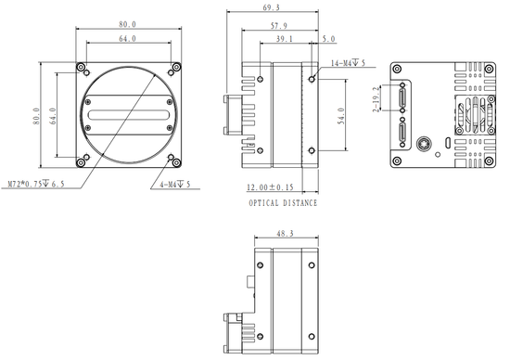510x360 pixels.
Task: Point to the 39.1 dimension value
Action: pyautogui.click(x=285, y=39)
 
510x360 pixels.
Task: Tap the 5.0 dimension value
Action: pyautogui.click(x=328, y=39)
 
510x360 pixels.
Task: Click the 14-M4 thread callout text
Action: pyautogui.click(x=350, y=62)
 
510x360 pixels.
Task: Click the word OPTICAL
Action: pyautogui.click(x=262, y=202)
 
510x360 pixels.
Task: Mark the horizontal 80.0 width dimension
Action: pyautogui.click(x=127, y=24)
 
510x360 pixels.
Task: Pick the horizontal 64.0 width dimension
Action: pyautogui.click(x=127, y=39)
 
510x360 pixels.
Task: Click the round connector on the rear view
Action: pyautogui.click(x=424, y=143)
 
